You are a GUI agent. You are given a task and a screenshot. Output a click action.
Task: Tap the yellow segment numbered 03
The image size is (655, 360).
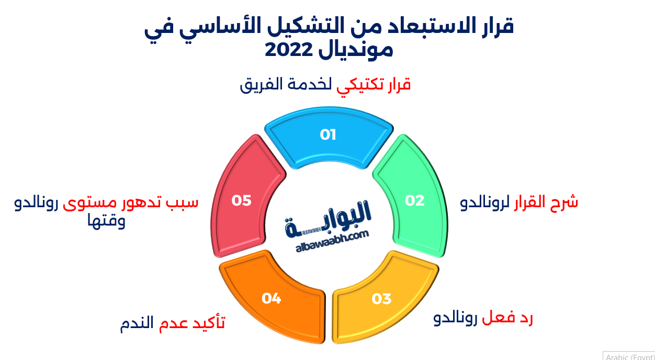(x=381, y=299)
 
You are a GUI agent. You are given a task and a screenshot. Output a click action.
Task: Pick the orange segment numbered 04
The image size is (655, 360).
(x=272, y=299)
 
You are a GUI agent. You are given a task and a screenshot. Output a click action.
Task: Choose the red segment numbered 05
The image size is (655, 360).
(x=241, y=200)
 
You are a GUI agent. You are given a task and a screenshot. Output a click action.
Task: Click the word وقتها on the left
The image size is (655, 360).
(x=107, y=221)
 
